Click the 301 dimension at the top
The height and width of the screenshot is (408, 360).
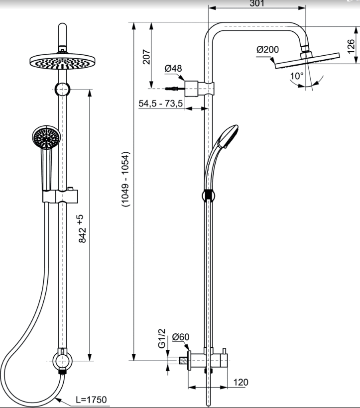coord(256,3)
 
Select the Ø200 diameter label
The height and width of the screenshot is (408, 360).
coord(267,49)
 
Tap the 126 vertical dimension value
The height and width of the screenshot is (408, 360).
coord(351,46)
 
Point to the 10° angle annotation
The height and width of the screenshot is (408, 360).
coord(297,76)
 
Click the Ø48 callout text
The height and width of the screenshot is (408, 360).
coord(173,69)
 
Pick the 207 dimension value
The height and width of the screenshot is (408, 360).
coord(146,57)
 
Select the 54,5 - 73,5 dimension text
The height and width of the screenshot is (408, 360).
coord(161,103)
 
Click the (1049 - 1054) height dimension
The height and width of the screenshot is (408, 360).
coord(125,179)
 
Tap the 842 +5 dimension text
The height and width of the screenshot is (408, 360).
coord(82,229)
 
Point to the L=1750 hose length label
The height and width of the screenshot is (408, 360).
coord(91,400)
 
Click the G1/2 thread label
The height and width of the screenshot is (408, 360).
coord(162,338)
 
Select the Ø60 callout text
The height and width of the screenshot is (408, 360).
coord(181,337)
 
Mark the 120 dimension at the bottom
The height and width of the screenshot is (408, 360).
coord(241,382)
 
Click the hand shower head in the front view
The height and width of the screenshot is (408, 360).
coord(47,137)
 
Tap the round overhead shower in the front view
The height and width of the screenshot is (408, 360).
coord(62,62)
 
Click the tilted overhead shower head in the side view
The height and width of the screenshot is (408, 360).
coord(307,61)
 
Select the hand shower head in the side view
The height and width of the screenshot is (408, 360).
coord(228,137)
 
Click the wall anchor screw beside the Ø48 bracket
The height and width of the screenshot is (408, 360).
coord(172,89)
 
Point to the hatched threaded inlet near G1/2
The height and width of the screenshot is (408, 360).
coord(184,361)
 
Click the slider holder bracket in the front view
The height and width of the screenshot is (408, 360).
coord(60,196)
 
